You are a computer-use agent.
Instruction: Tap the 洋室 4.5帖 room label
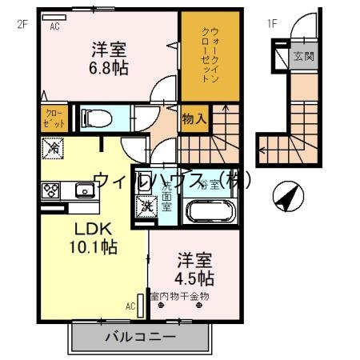(194, 270)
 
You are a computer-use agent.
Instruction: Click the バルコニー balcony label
(139, 337)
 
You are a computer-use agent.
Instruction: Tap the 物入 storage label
(194, 119)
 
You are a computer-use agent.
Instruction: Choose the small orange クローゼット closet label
(54, 118)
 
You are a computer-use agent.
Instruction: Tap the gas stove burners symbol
(50, 190)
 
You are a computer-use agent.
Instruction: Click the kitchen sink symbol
(84, 190)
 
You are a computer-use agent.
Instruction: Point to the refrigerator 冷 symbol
(54, 148)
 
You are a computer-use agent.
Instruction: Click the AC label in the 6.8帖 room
(55, 26)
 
